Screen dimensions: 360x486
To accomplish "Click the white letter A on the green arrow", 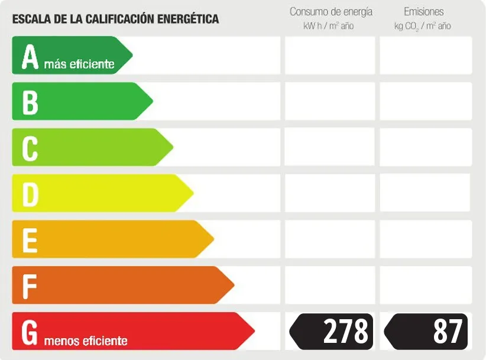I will click(30, 56).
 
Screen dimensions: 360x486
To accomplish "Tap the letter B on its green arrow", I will click(30, 102).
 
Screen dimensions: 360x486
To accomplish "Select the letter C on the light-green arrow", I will click(30, 148).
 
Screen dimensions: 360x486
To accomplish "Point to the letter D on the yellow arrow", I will click(30, 194).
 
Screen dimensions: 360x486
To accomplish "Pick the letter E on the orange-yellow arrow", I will click(30, 239).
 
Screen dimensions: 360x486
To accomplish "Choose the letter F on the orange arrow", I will click(30, 286).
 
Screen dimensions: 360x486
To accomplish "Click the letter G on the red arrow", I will click(30, 332).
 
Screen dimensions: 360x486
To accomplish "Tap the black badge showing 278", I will click(332, 332).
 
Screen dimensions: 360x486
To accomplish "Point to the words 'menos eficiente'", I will click(86, 341).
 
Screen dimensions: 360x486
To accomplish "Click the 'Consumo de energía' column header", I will click(331, 12).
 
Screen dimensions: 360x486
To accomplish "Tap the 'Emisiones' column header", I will click(423, 12).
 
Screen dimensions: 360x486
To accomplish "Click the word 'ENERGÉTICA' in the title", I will click(188, 19).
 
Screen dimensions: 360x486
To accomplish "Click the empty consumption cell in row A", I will click(330, 56).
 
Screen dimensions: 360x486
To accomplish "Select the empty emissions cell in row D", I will click(425, 193).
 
